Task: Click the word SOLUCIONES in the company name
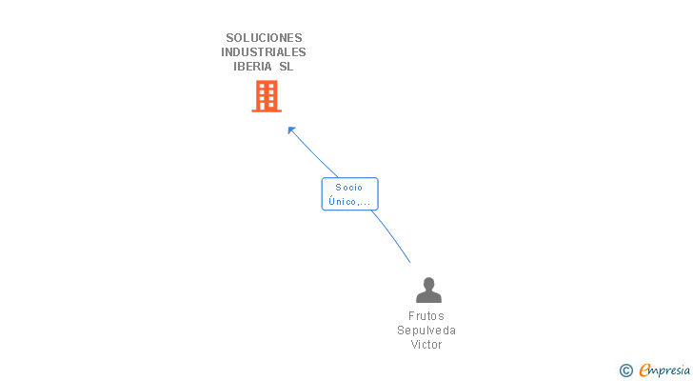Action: click(x=264, y=38)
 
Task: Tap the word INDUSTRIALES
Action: click(x=264, y=52)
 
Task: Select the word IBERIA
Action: click(x=252, y=67)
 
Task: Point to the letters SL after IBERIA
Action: click(x=287, y=67)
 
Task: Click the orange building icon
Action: click(x=267, y=95)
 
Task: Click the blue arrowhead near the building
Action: click(x=291, y=130)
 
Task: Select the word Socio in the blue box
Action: click(x=349, y=188)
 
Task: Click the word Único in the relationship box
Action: click(x=343, y=201)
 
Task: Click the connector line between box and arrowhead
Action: click(x=315, y=153)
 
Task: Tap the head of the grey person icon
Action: click(x=428, y=283)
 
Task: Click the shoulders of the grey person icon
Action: click(x=428, y=296)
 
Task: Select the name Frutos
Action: click(x=426, y=316)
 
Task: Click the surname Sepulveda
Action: click(x=426, y=331)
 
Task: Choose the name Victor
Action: click(x=426, y=345)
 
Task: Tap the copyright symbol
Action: click(x=626, y=371)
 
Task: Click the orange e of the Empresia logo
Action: click(x=644, y=371)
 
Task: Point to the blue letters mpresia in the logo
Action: click(x=670, y=371)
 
